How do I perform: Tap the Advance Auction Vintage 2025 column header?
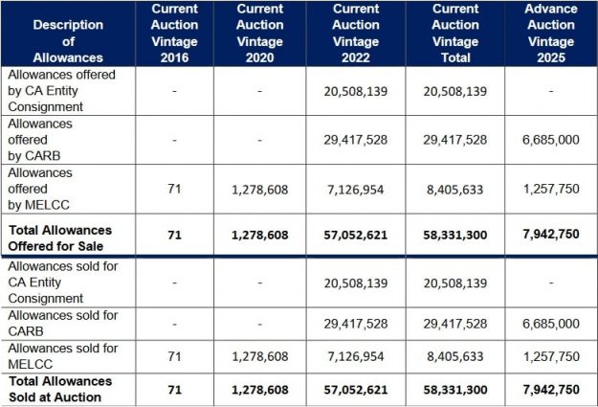[x=550, y=34]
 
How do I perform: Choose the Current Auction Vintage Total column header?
[x=454, y=34]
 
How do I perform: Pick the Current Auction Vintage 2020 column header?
[x=261, y=34]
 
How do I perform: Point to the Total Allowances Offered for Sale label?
[x=69, y=237]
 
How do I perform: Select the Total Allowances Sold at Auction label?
[x=69, y=389]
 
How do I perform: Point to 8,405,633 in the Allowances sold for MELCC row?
[x=454, y=356]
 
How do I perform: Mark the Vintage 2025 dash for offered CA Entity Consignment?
[x=550, y=91]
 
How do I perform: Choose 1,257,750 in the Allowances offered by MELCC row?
[x=550, y=190]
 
